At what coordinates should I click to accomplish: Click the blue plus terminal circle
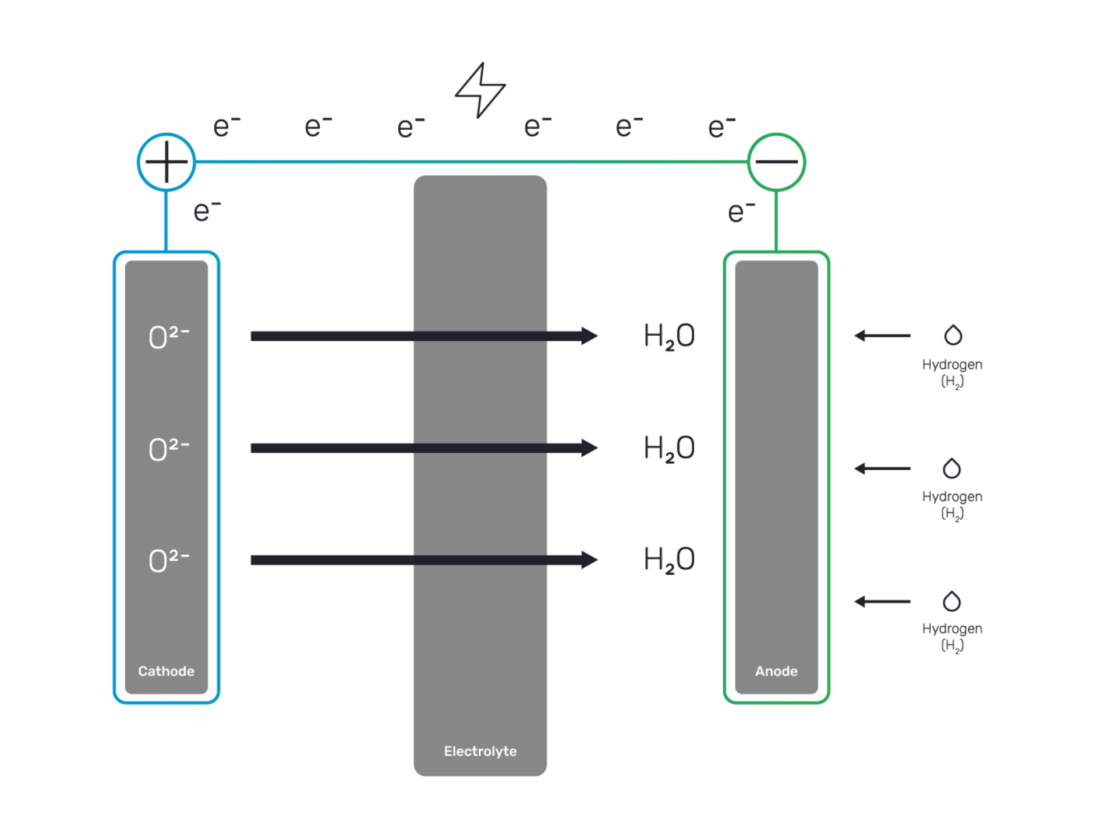(x=167, y=162)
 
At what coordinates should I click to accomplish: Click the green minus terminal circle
(x=777, y=162)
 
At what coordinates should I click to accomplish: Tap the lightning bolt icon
(x=480, y=90)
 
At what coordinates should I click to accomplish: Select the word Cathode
(x=166, y=671)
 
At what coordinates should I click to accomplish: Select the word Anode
(x=776, y=671)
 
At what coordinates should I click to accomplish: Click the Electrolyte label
(x=480, y=751)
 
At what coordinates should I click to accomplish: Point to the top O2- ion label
(x=168, y=337)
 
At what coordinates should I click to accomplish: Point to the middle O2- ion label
(x=168, y=449)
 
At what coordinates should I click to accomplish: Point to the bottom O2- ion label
(x=168, y=560)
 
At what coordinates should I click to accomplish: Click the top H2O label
(x=669, y=336)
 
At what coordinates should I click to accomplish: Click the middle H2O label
(x=669, y=448)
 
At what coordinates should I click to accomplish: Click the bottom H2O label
(x=669, y=560)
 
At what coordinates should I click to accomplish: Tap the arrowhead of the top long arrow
(x=589, y=336)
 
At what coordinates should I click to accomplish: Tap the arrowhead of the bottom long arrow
(x=589, y=560)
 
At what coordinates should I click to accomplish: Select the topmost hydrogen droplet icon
(x=953, y=335)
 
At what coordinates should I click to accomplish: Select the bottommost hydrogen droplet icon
(x=952, y=601)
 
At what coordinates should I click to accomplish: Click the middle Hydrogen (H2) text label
(x=952, y=505)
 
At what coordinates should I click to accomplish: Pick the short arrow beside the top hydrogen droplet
(x=882, y=336)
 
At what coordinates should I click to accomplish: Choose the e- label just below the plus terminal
(x=207, y=211)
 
